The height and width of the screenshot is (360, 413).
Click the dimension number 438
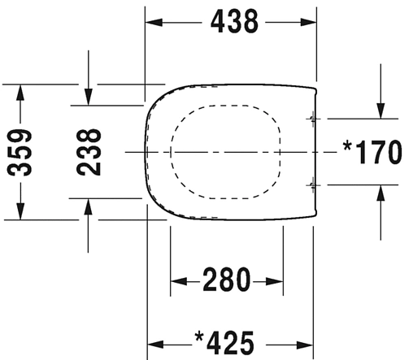pos(233,22)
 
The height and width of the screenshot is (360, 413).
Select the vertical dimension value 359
pos(21,152)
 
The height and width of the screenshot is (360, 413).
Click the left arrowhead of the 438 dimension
pos(153,23)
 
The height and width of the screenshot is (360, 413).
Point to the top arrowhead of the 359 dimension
pos(21,90)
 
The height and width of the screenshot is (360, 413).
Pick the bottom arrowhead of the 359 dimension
pos(21,213)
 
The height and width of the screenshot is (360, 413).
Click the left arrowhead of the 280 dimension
pos(176,282)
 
